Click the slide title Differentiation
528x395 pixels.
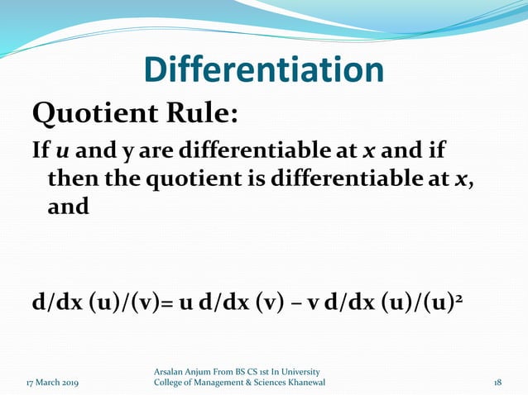point(264,70)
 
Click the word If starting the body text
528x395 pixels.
point(40,151)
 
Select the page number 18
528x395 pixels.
point(497,383)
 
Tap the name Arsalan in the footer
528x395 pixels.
point(171,371)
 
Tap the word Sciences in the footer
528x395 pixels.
point(267,383)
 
